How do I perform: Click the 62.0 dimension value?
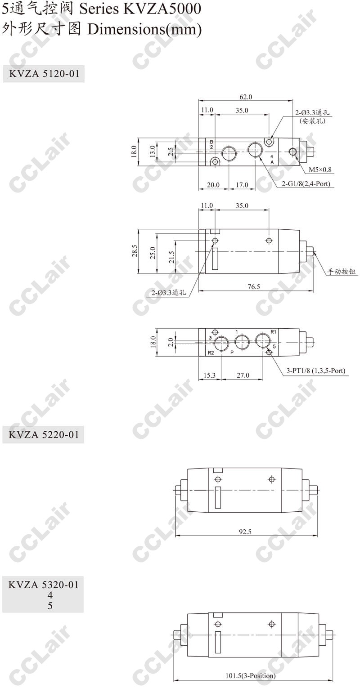[x=246, y=97]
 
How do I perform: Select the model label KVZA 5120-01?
[x=44, y=74]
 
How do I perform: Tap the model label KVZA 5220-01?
[x=44, y=434]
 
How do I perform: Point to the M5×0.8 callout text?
[x=320, y=170]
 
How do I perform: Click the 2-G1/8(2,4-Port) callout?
[x=306, y=184]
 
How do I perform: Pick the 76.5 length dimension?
[x=254, y=286]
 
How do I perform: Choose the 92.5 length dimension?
[x=245, y=532]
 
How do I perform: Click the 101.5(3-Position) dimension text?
[x=251, y=682]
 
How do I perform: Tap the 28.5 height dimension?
[x=135, y=250]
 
